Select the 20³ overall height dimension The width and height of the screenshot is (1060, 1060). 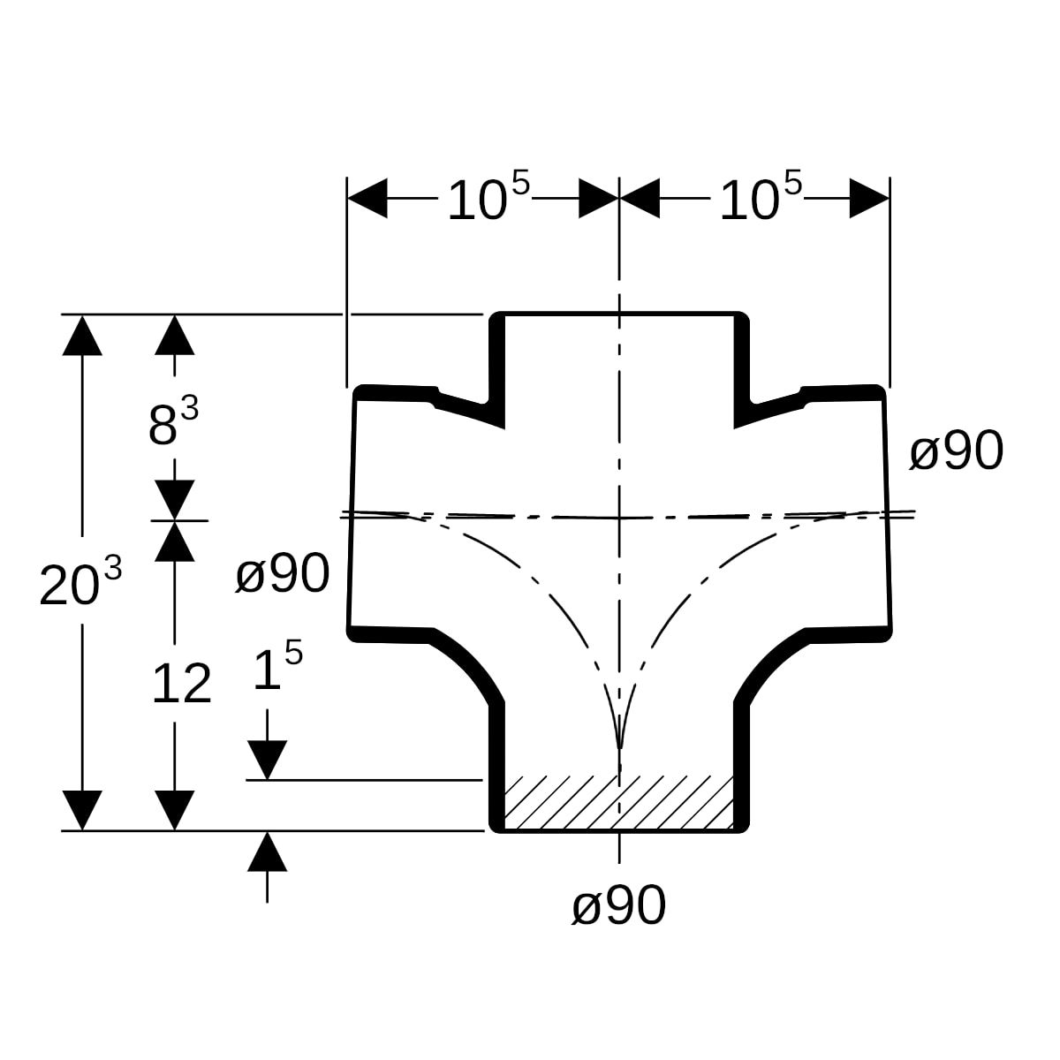pos(80,580)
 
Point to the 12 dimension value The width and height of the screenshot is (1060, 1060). pos(182,684)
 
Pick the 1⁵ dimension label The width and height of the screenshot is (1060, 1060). pos(277,665)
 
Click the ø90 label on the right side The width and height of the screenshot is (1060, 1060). pos(957,451)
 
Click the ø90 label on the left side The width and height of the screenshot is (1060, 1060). pos(283,574)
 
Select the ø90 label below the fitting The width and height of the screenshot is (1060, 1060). pos(619,906)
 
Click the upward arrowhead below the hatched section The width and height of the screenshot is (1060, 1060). pos(268,852)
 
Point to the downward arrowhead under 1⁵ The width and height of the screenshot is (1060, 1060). pos(268,761)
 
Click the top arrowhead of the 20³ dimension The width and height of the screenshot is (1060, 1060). pos(82,335)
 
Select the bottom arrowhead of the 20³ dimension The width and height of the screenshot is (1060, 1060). pos(82,810)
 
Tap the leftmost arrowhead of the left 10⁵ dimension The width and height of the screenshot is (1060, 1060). pos(367,198)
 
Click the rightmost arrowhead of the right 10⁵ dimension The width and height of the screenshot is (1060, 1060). pos(870,198)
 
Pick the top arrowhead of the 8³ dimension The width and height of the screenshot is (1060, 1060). pos(174,335)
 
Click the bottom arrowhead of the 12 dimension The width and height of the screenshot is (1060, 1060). pos(174,810)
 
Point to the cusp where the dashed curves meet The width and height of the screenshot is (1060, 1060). pos(620,749)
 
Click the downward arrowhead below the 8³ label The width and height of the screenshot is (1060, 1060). pos(174,500)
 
